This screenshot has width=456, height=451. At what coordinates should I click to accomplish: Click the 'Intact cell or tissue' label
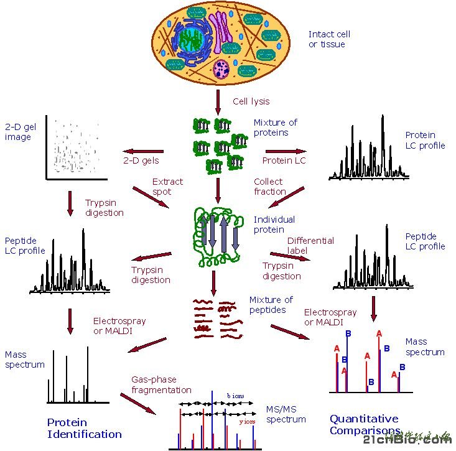[329, 39]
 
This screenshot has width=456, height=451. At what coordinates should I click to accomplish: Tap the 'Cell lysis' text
[251, 101]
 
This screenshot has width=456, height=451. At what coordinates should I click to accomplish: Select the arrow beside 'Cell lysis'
[218, 101]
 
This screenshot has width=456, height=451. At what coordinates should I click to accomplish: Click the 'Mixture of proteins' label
[275, 128]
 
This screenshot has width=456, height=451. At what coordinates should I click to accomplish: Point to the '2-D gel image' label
[21, 132]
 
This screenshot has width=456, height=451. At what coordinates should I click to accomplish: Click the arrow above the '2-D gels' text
[144, 151]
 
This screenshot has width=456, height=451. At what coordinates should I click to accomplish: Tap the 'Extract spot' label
[167, 187]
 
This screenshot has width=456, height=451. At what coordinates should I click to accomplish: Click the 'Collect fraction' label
[269, 187]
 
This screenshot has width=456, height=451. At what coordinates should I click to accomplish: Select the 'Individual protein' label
[274, 225]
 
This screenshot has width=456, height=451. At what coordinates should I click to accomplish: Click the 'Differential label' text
[310, 246]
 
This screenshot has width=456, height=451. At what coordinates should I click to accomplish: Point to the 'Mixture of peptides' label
[271, 305]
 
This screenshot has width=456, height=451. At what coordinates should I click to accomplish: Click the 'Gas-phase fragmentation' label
[161, 384]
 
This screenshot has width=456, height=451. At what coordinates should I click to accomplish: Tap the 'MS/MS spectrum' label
[286, 414]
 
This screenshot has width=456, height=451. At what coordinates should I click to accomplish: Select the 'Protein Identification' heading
[85, 428]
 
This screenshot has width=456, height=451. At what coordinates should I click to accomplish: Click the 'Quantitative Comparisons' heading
[364, 424]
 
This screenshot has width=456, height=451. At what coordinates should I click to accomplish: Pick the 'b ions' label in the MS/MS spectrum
[235, 395]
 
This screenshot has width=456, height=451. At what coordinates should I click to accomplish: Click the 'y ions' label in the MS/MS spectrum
[248, 421]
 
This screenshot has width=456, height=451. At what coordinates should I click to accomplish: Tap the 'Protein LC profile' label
[425, 140]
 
